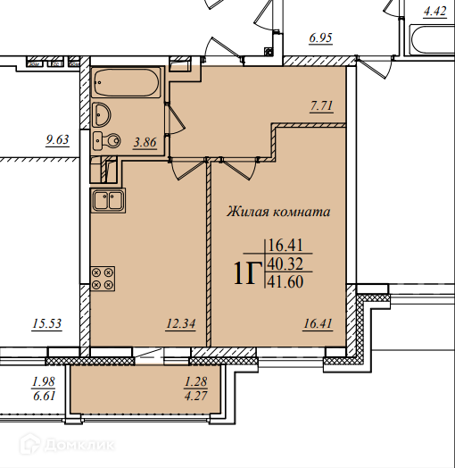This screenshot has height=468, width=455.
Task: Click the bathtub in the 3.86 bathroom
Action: (x=127, y=82)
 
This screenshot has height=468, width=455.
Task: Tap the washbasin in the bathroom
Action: (x=102, y=114)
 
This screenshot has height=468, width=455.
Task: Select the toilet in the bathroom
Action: (x=106, y=140)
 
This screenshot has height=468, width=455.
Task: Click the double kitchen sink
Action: (x=108, y=200)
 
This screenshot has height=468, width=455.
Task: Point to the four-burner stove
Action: (x=103, y=279)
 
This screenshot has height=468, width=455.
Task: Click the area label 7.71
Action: (x=321, y=106)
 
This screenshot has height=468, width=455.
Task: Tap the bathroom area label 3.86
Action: (x=145, y=142)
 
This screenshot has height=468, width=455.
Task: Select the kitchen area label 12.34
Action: (x=181, y=323)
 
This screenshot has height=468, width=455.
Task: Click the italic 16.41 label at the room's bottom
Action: (x=318, y=323)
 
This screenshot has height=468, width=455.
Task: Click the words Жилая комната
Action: (x=278, y=212)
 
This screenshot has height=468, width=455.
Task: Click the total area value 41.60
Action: (x=285, y=281)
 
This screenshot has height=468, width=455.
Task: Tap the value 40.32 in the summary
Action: (x=285, y=263)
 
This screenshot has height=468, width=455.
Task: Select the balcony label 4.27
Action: (x=196, y=396)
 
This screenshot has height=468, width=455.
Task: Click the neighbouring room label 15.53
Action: (x=46, y=323)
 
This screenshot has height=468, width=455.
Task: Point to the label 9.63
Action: (x=57, y=139)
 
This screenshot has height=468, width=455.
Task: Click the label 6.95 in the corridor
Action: (x=320, y=38)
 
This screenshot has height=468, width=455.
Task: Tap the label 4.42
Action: (x=435, y=12)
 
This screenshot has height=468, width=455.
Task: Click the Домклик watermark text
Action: (x=79, y=446)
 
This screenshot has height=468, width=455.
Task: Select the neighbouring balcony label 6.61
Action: (x=44, y=396)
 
